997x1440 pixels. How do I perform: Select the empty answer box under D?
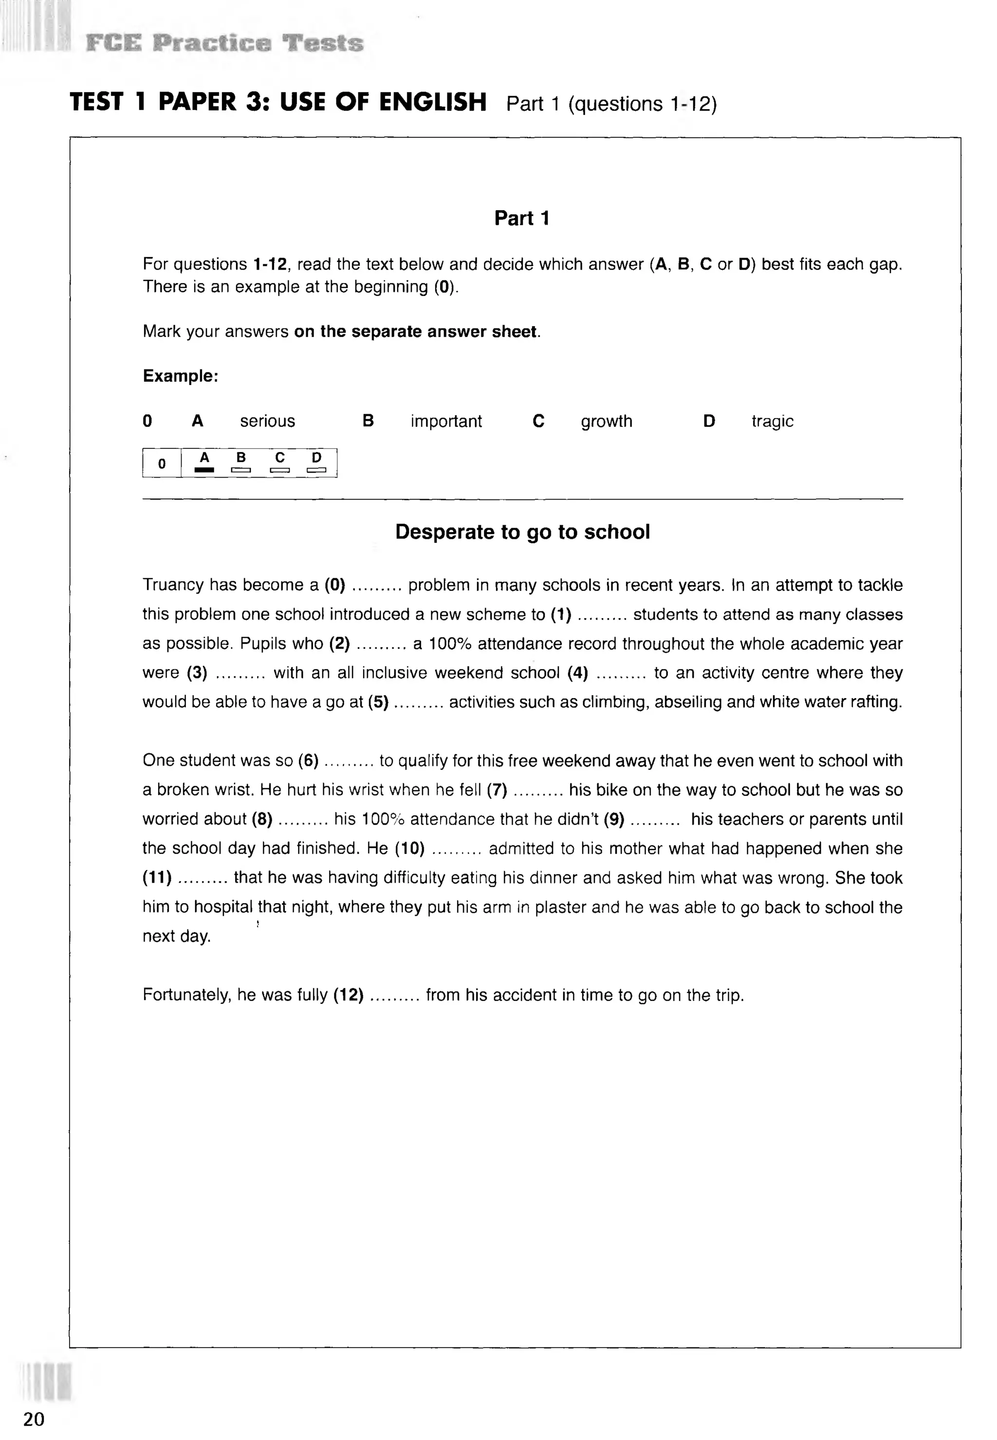[317, 470]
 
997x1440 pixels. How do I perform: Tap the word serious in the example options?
[267, 421]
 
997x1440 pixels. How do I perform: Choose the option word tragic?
[772, 421]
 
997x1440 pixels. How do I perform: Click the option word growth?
[607, 421]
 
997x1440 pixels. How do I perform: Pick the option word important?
[446, 421]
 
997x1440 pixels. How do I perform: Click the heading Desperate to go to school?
[522, 532]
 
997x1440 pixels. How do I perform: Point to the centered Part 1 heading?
[521, 218]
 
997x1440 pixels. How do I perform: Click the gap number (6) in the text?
[309, 760]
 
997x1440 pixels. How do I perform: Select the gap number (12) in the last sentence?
[349, 995]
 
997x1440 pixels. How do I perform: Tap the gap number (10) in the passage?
[409, 849]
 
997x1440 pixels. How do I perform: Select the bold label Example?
[181, 376]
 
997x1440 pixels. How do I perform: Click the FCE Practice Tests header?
[224, 43]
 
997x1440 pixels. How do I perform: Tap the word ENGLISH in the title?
[432, 102]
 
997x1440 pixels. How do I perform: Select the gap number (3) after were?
[197, 673]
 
